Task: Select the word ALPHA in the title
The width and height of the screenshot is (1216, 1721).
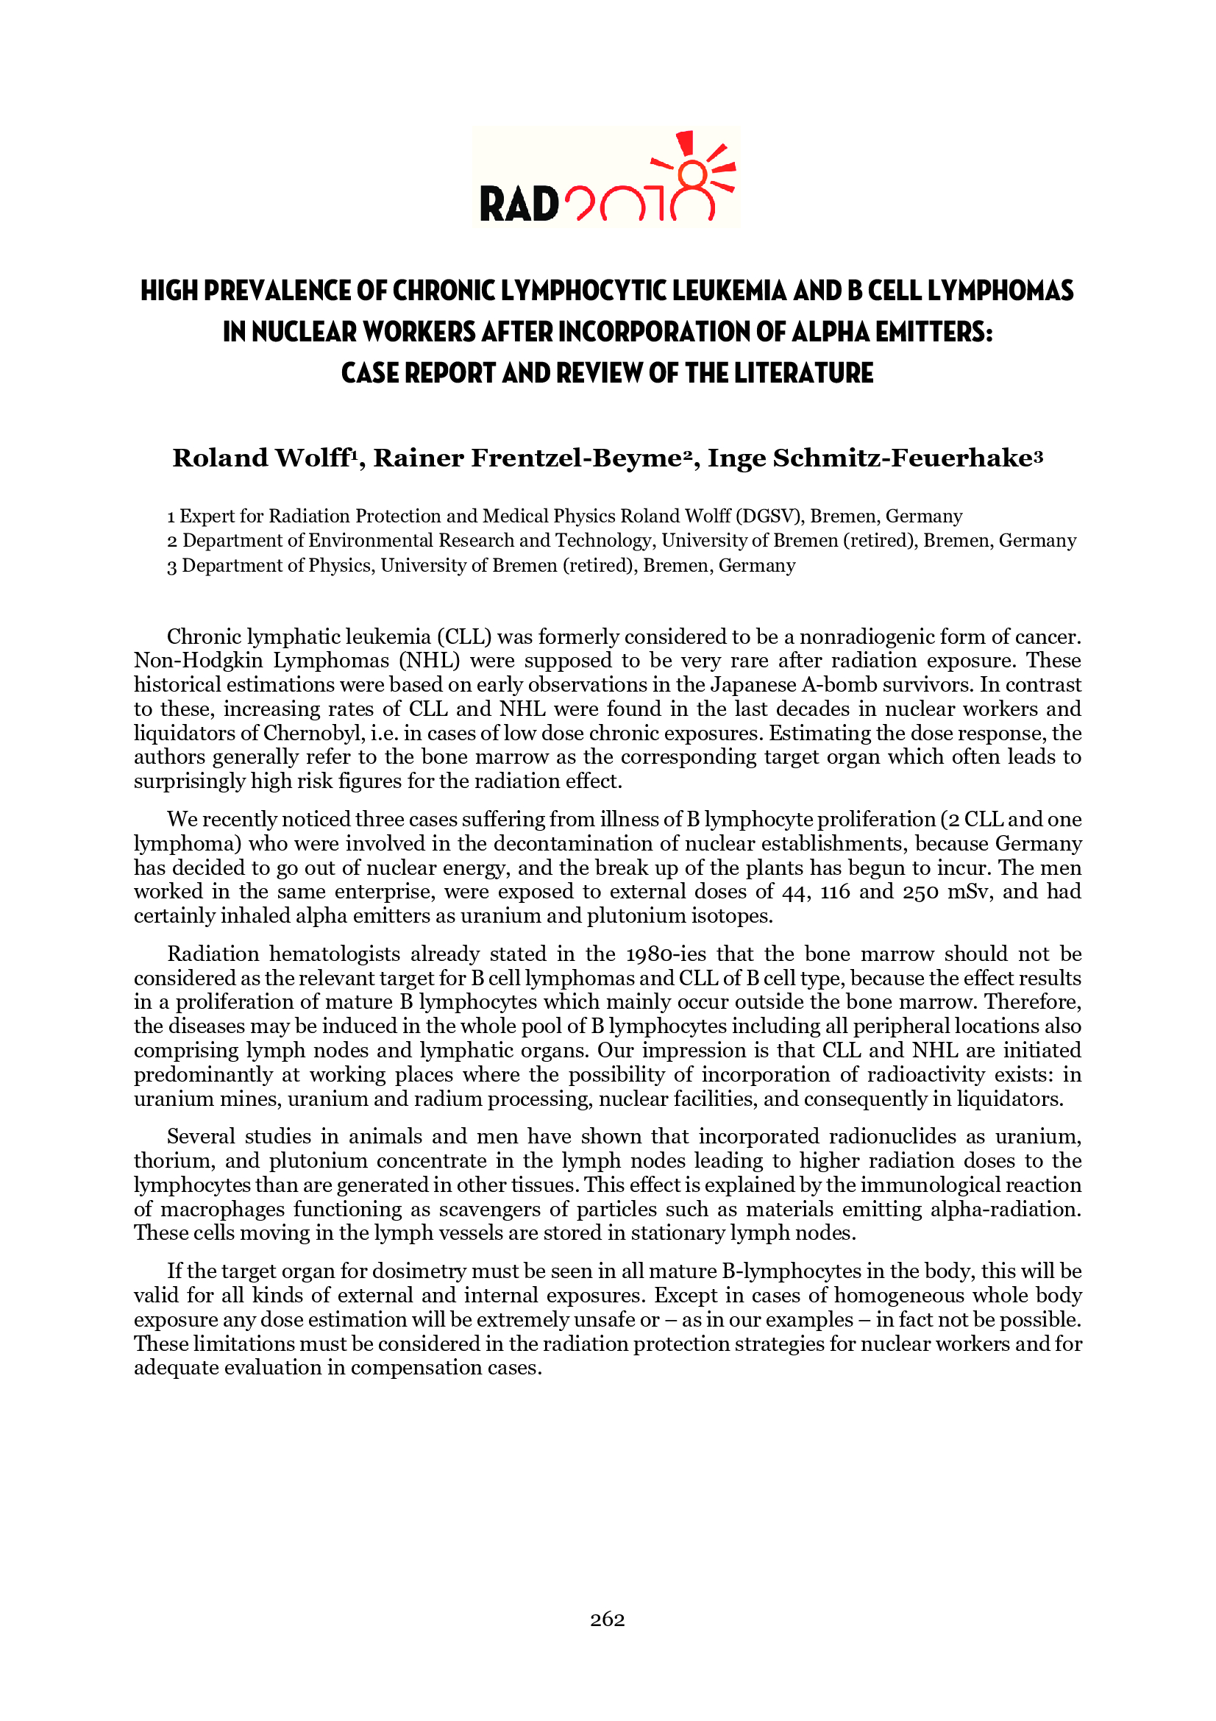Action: pyautogui.click(x=831, y=332)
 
